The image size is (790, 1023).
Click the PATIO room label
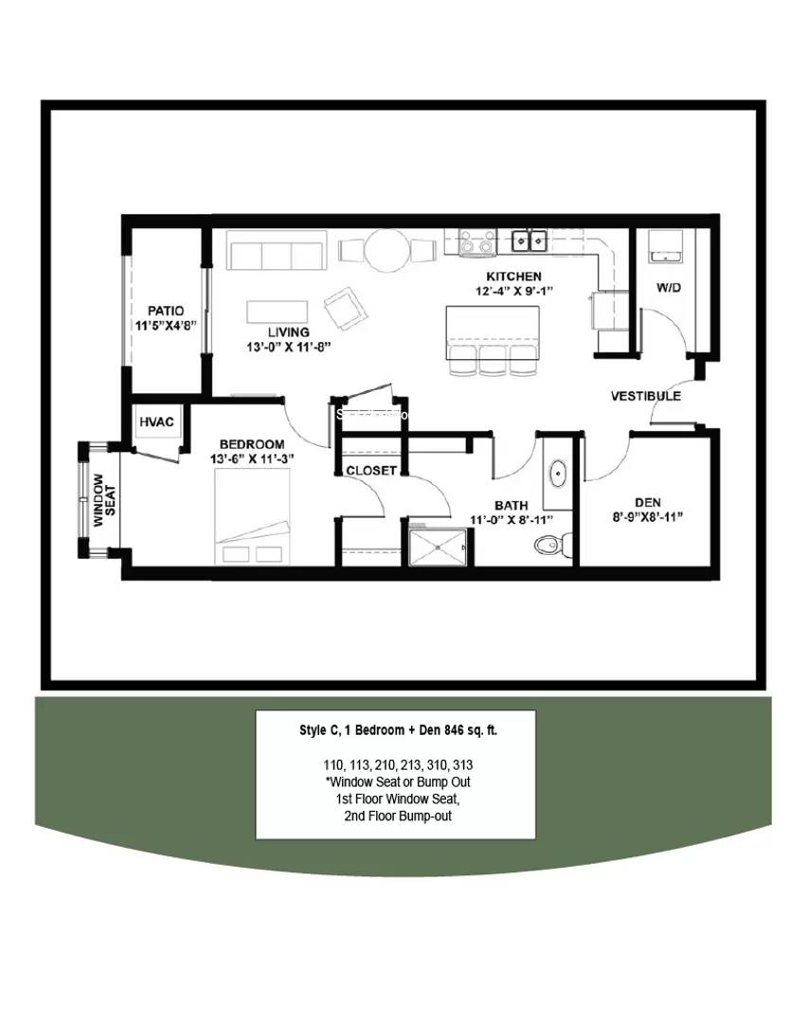point(166,311)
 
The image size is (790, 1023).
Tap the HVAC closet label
point(156,422)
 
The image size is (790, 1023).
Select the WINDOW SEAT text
point(99,499)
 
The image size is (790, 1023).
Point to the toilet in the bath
point(550,544)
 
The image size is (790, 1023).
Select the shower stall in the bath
point(438,547)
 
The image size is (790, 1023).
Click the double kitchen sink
point(530,240)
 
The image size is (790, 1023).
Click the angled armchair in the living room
point(342,307)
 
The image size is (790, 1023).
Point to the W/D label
point(669,287)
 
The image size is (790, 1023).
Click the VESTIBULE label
point(645,396)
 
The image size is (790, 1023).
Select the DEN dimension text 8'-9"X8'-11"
point(648,517)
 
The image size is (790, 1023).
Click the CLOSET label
point(370,470)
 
